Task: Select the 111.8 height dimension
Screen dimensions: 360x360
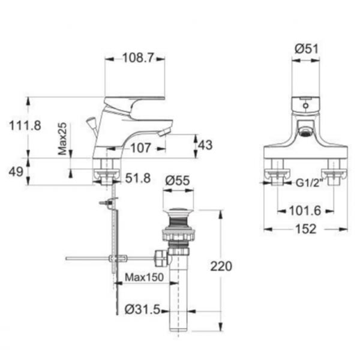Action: [25, 125]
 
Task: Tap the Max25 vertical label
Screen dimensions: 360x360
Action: [62, 139]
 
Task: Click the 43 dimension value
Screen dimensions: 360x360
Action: [205, 145]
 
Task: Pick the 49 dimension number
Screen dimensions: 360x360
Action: [16, 172]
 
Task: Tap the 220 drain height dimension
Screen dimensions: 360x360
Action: [221, 266]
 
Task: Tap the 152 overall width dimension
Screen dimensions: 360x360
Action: [306, 229]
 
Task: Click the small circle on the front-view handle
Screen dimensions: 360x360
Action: [306, 106]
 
